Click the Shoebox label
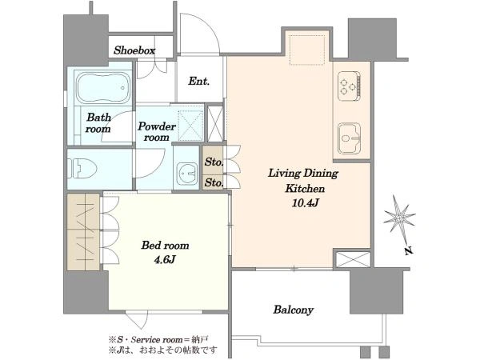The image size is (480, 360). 134,50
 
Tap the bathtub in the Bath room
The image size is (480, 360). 103,88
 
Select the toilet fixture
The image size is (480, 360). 82,169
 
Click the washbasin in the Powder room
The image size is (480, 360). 186,174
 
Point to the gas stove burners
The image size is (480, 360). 349,86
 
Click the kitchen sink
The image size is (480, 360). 350,138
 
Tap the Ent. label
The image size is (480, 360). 198,81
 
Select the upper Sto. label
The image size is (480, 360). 214,162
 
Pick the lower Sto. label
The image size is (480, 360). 214,182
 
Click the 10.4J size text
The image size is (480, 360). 306,202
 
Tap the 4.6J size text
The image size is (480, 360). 164,259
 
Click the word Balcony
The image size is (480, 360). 293,310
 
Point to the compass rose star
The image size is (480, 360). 399,218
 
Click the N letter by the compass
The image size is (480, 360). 409,251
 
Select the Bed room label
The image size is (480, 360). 165,246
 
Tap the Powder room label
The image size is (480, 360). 157,132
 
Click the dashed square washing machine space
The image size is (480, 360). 190,126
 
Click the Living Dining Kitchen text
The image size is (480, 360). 303,181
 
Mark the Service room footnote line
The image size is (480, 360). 158,339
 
